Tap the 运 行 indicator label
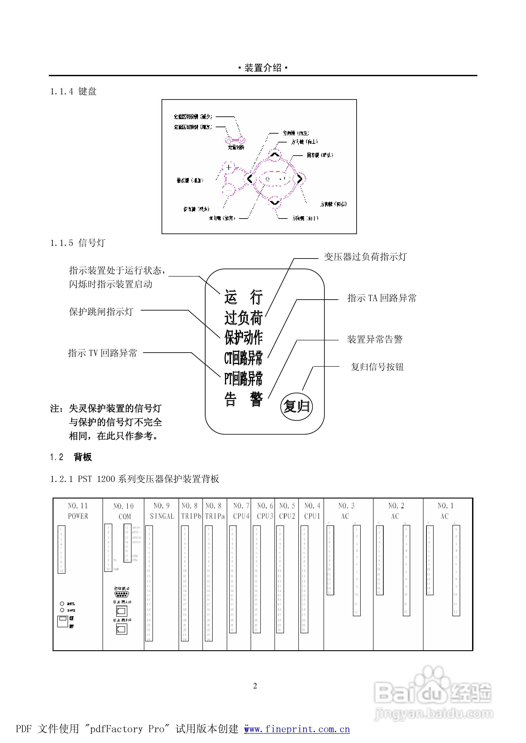click(x=243, y=297)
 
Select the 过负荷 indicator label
click(x=243, y=318)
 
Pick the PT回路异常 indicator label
click(x=243, y=379)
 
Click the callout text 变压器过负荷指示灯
click(x=365, y=257)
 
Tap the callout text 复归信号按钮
click(x=377, y=367)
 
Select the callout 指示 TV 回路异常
click(x=103, y=353)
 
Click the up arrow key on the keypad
click(x=275, y=155)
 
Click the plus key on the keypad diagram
click(x=229, y=167)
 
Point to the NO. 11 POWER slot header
click(x=78, y=511)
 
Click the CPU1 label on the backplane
click(x=312, y=516)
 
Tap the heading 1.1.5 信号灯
click(x=78, y=243)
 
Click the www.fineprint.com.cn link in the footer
click(x=297, y=729)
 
